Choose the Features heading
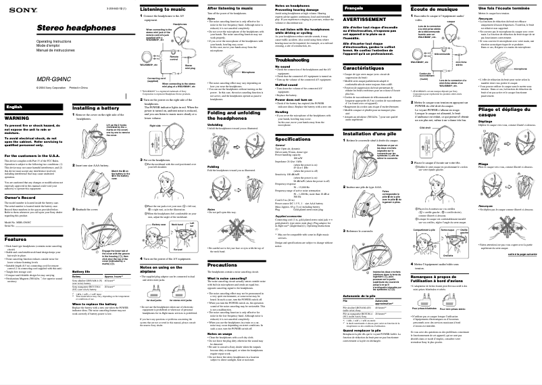point(16,239)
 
